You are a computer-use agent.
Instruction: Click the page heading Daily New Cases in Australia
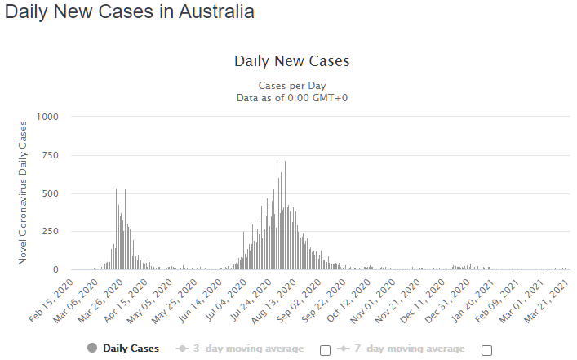(x=129, y=12)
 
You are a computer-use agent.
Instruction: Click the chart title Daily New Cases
(x=291, y=61)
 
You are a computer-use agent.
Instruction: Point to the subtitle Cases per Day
(x=291, y=85)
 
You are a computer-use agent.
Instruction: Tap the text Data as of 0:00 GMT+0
(x=291, y=97)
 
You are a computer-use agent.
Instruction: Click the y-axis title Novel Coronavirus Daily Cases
(x=23, y=193)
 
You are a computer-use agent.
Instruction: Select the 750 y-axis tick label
(x=50, y=155)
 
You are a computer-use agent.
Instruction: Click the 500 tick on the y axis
(x=50, y=193)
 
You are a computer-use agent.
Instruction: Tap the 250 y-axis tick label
(x=50, y=232)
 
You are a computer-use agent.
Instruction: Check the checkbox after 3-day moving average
(x=325, y=350)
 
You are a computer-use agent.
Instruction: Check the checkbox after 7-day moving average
(x=487, y=350)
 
